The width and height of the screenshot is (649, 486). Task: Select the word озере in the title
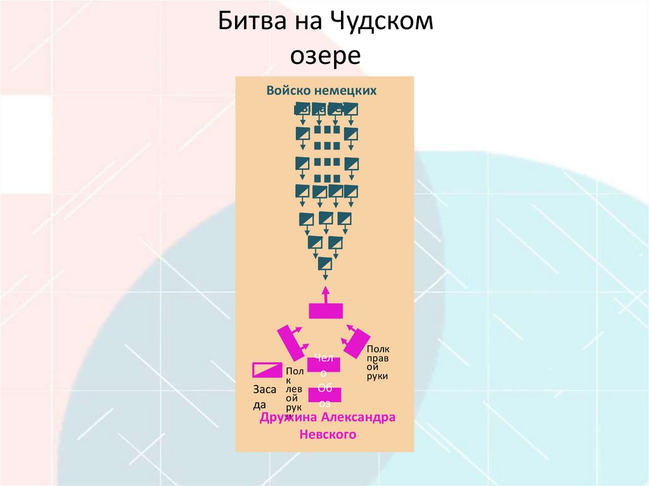(325, 55)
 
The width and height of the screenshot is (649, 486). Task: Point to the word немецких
(350, 91)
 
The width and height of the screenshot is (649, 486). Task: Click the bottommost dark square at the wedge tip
(326, 263)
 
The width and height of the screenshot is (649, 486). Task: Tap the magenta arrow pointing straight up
(326, 294)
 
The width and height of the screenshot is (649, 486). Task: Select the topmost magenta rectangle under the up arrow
(326, 310)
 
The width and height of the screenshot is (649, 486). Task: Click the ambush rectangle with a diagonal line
(267, 369)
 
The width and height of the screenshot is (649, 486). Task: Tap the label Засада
(264, 397)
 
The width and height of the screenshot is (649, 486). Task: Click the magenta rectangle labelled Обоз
(325, 394)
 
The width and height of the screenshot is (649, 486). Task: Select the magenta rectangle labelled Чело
(324, 364)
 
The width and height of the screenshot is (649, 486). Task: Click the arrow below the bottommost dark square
(326, 276)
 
